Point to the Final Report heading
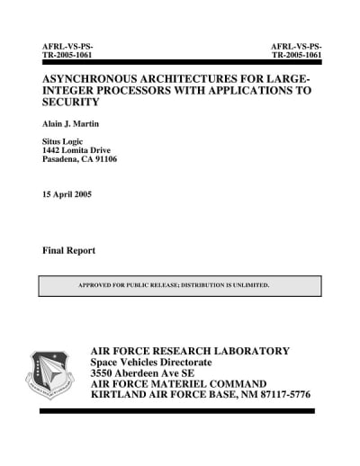(x=68, y=249)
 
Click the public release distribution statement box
(x=180, y=285)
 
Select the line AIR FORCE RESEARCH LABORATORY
(x=190, y=351)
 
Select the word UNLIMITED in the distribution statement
(x=248, y=285)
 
